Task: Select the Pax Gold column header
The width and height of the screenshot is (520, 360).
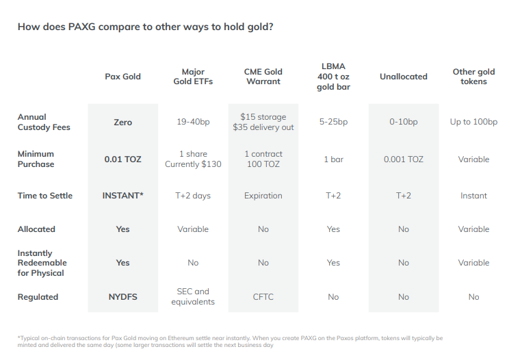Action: [122, 77]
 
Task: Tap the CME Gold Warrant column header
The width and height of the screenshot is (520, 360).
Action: [263, 77]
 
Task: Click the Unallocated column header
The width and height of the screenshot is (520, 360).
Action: [403, 77]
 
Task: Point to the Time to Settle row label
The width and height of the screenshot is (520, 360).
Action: [44, 196]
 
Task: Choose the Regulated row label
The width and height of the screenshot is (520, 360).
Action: [38, 297]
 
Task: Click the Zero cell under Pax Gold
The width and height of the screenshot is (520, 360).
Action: [122, 122]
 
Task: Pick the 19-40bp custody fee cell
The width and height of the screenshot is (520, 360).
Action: [193, 122]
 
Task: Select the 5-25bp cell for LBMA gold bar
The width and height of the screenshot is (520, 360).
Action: [333, 122]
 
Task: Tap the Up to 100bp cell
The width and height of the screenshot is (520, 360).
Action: [473, 122]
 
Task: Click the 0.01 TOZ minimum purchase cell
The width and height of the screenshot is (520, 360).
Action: [122, 159]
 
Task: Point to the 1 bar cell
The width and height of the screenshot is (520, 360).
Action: [333, 159]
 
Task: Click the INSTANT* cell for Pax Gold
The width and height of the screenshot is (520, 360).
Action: [122, 196]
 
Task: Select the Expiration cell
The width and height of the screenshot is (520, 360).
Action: [263, 196]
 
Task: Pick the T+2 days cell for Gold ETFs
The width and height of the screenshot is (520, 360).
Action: [193, 196]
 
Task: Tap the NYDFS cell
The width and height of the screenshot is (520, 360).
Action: [122, 297]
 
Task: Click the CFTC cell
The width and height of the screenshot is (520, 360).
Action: [263, 297]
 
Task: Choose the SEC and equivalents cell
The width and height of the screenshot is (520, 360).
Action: [193, 296]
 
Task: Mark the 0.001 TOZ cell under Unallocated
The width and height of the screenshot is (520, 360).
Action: [403, 159]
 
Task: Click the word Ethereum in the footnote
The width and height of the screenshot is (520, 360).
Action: [181, 338]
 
